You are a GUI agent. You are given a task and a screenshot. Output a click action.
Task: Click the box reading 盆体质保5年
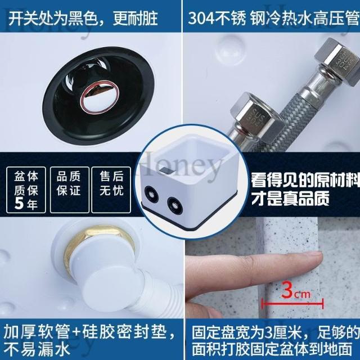pos(26,190)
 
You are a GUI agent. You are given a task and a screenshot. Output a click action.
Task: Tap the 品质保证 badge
pos(69,190)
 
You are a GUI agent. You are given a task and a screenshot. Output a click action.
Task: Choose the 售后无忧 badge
pos(111,190)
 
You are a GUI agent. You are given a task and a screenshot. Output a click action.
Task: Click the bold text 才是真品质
pos(290,199)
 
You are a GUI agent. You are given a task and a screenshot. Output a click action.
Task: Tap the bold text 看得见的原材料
pos(305,179)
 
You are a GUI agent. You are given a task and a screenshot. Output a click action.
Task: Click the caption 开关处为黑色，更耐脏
pos(83,19)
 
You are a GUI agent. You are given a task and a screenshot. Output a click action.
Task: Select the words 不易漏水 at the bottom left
pos(37,349)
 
